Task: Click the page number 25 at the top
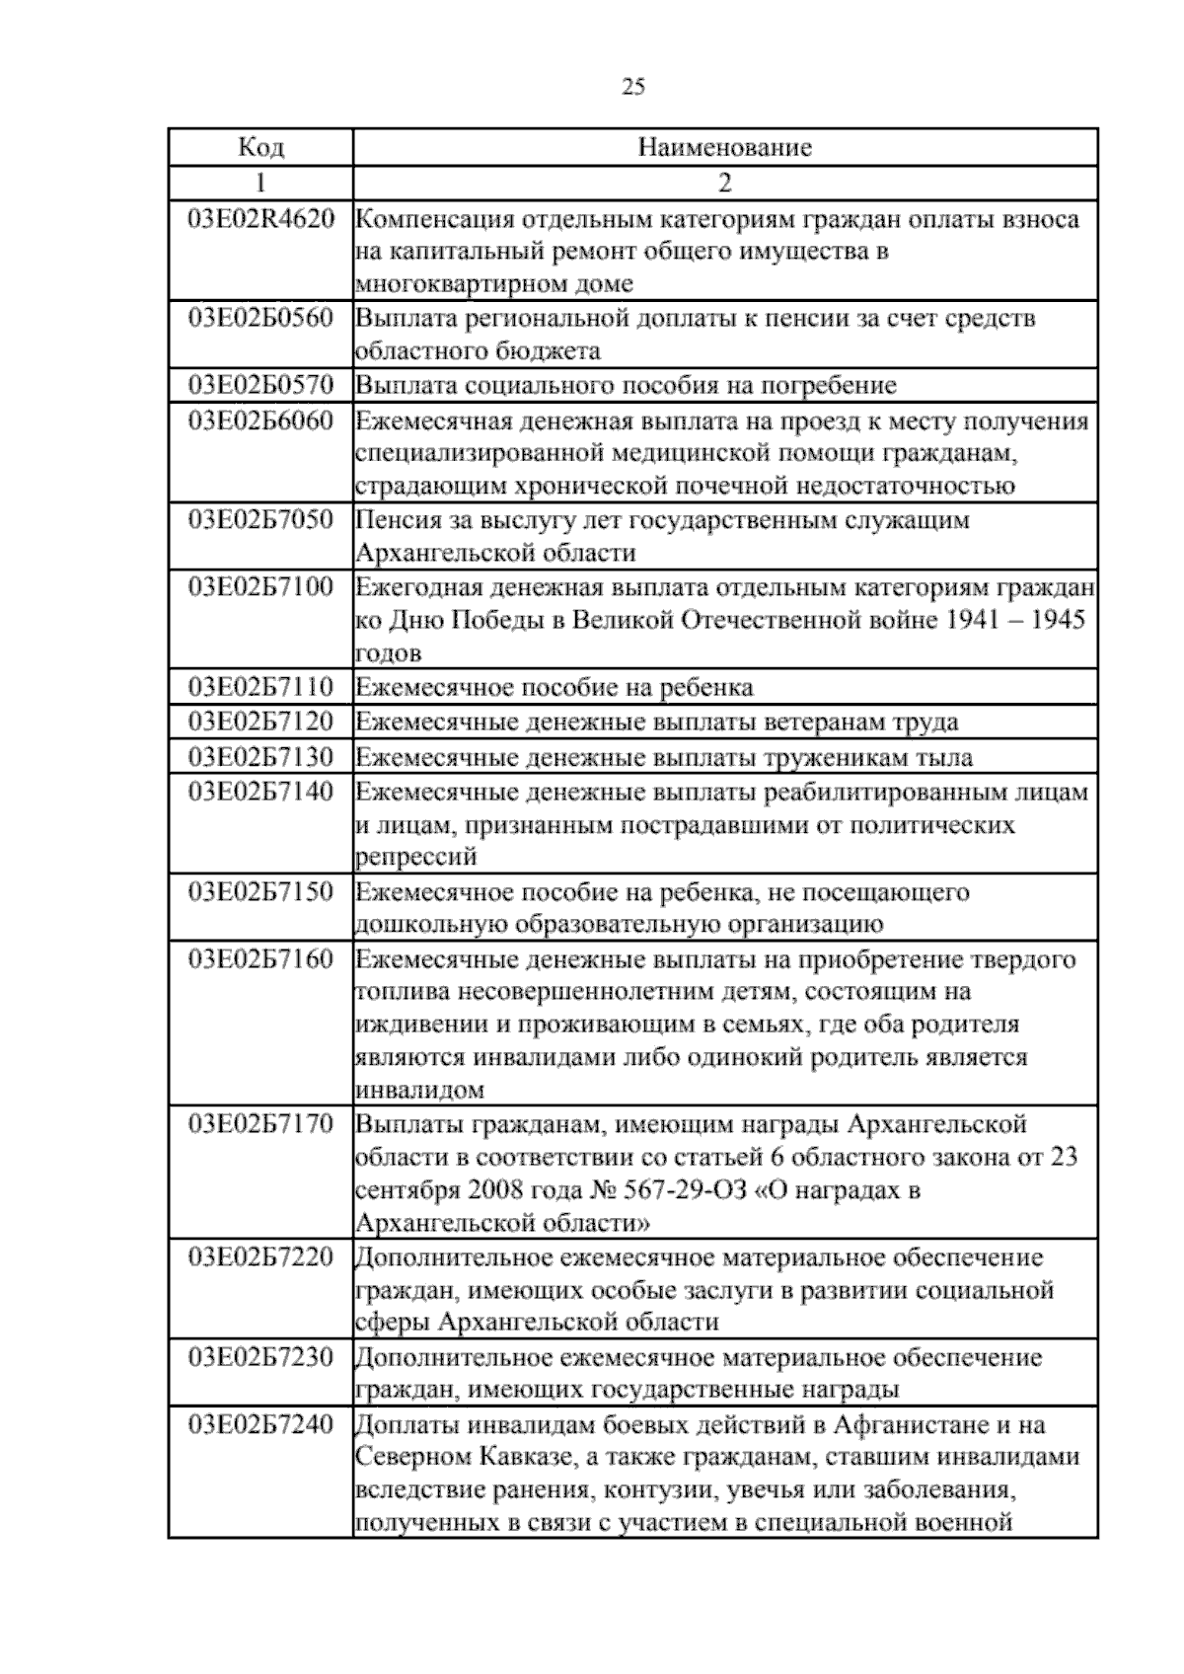point(633,87)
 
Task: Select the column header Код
point(260,147)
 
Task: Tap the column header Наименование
point(725,147)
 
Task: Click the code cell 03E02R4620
point(260,218)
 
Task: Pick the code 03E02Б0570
point(260,384)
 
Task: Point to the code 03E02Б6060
point(260,420)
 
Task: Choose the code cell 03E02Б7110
point(260,686)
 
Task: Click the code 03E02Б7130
point(260,757)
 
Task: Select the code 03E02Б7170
point(260,1123)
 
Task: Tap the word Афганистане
point(901,1424)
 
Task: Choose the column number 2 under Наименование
point(725,183)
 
